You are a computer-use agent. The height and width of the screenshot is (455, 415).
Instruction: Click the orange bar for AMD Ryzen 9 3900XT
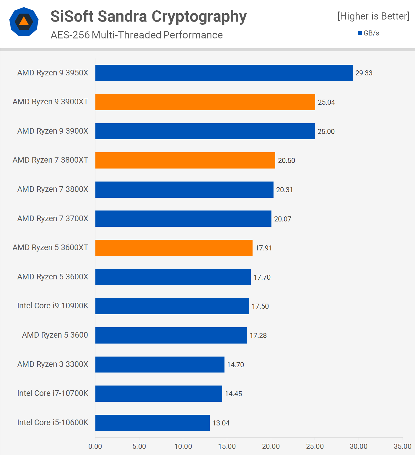point(205,102)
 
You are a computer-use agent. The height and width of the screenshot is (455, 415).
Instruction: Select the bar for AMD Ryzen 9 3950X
point(224,73)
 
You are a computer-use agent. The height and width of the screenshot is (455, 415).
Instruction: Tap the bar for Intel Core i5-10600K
point(152,423)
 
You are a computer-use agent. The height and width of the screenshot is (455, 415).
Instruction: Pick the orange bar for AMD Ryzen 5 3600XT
point(174,248)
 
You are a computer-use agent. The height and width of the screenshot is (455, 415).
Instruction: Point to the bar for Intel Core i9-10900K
point(172,306)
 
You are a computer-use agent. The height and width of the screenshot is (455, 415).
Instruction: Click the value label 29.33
point(364,73)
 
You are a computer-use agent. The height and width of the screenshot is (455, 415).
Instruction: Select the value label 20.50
point(286,161)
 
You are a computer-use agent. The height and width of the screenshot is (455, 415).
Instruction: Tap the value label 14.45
point(233,394)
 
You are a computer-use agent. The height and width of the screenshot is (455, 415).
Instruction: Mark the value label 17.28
point(258,336)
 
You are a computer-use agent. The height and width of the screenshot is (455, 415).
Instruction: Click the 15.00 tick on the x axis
point(227,446)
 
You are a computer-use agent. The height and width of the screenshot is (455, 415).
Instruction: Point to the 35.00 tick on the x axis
point(402,446)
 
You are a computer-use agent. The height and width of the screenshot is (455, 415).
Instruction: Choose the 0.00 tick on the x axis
point(95,446)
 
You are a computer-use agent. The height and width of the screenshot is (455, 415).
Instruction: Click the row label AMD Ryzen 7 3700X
point(53,218)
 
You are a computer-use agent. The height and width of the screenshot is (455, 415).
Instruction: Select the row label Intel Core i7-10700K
point(53,393)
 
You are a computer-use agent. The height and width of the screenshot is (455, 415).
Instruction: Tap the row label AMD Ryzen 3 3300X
point(53,364)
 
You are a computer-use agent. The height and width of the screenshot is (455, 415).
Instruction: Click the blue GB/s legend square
point(360,33)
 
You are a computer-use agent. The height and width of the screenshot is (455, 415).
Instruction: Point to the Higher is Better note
point(373,16)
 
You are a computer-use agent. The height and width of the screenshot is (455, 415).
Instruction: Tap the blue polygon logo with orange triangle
point(24,22)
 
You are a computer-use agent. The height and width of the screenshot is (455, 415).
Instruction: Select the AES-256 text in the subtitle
point(70,35)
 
